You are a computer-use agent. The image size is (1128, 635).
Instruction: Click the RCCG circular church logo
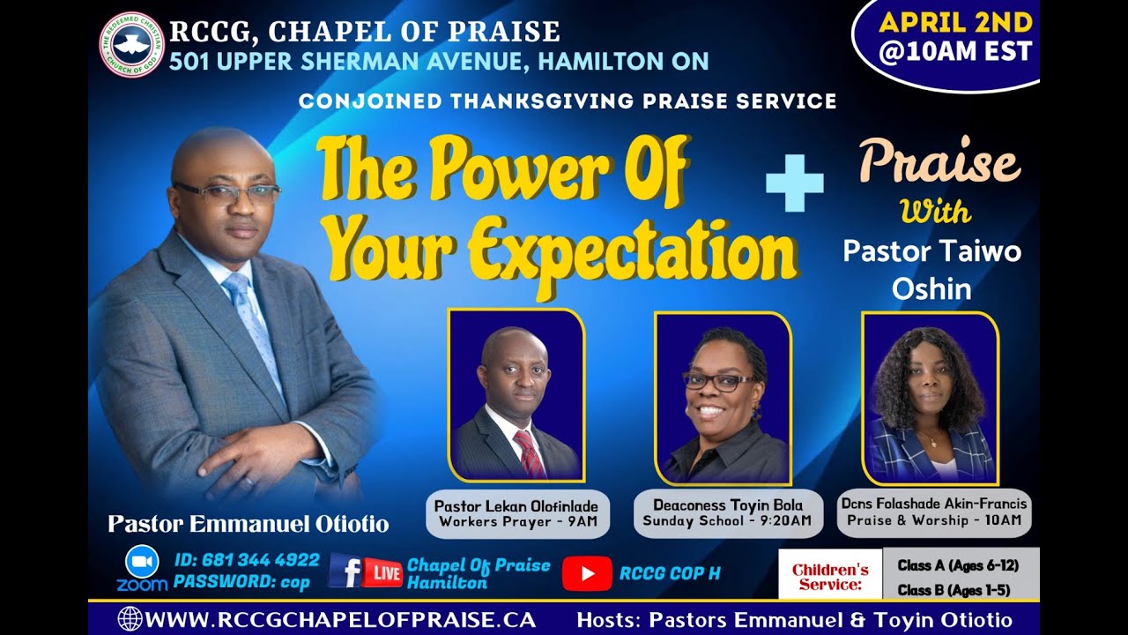[132, 45]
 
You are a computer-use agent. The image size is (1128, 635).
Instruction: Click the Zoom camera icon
[142, 562]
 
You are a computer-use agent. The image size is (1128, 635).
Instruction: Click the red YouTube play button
[586, 574]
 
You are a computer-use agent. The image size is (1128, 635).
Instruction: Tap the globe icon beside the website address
[130, 619]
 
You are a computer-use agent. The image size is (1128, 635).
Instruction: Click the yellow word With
[935, 212]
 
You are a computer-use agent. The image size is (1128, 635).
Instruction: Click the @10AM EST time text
[955, 52]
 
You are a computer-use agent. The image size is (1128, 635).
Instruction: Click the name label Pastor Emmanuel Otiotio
[249, 524]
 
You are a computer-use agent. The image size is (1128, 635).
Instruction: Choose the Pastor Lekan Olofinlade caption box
[517, 513]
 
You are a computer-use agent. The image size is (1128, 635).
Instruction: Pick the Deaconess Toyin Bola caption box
[727, 513]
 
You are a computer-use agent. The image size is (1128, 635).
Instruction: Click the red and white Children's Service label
[829, 576]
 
